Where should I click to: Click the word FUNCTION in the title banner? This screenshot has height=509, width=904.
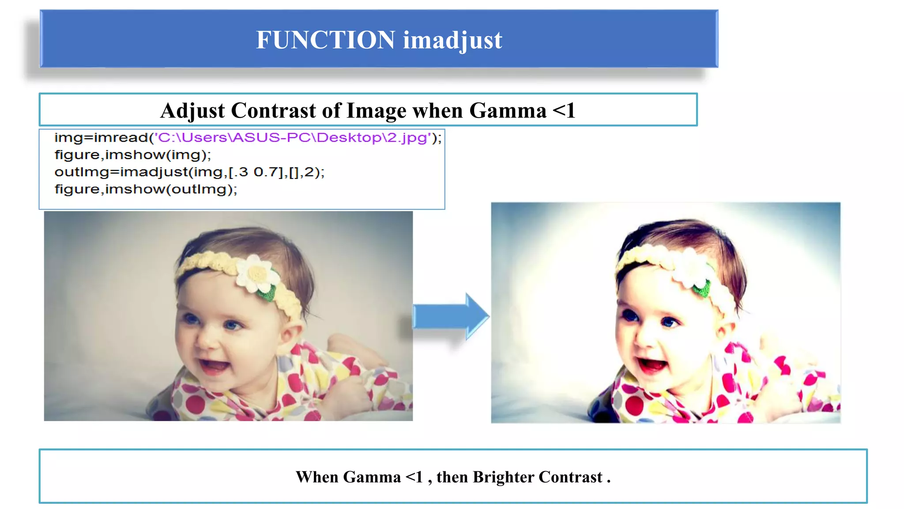point(325,40)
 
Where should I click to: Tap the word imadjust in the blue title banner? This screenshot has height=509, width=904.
point(452,41)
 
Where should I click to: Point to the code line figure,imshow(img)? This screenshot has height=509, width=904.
point(133,155)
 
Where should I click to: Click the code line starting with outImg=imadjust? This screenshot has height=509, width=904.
point(189,172)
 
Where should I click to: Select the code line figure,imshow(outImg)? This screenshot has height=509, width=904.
point(146,190)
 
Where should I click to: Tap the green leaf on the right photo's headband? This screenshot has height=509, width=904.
point(702,289)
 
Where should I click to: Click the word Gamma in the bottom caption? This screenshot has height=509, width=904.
point(372,477)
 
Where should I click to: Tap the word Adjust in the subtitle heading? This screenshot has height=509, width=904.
point(192,110)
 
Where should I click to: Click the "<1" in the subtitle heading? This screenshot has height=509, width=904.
point(564,110)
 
